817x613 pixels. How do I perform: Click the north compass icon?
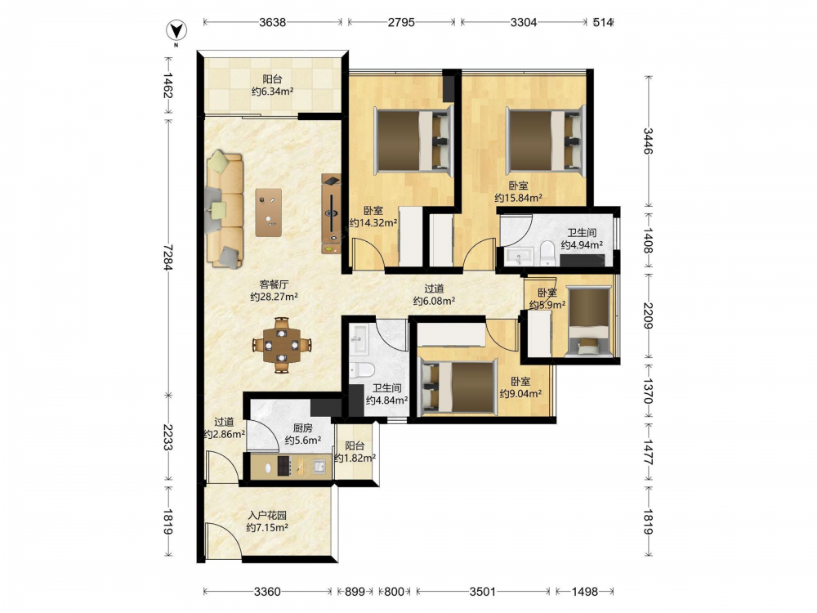[176, 31]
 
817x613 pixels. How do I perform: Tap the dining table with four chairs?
[281, 345]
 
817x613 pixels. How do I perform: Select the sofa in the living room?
[224, 209]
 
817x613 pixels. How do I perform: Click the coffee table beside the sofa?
[269, 213]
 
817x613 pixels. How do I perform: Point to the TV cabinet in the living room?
[331, 213]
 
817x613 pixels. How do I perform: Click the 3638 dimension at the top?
[273, 22]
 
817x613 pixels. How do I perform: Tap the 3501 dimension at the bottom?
[484, 592]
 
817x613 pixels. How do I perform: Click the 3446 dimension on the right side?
[648, 141]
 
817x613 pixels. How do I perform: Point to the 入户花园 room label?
[267, 516]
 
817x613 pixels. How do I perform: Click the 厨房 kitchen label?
[303, 428]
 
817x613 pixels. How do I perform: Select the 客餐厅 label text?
[274, 284]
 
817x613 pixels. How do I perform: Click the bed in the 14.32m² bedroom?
[413, 140]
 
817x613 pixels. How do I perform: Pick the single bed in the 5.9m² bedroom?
[589, 321]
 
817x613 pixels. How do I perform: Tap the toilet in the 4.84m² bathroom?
[362, 370]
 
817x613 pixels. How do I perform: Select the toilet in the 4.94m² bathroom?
[547, 253]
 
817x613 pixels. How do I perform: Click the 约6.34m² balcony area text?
[273, 92]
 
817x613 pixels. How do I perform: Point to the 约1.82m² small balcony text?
[355, 459]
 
